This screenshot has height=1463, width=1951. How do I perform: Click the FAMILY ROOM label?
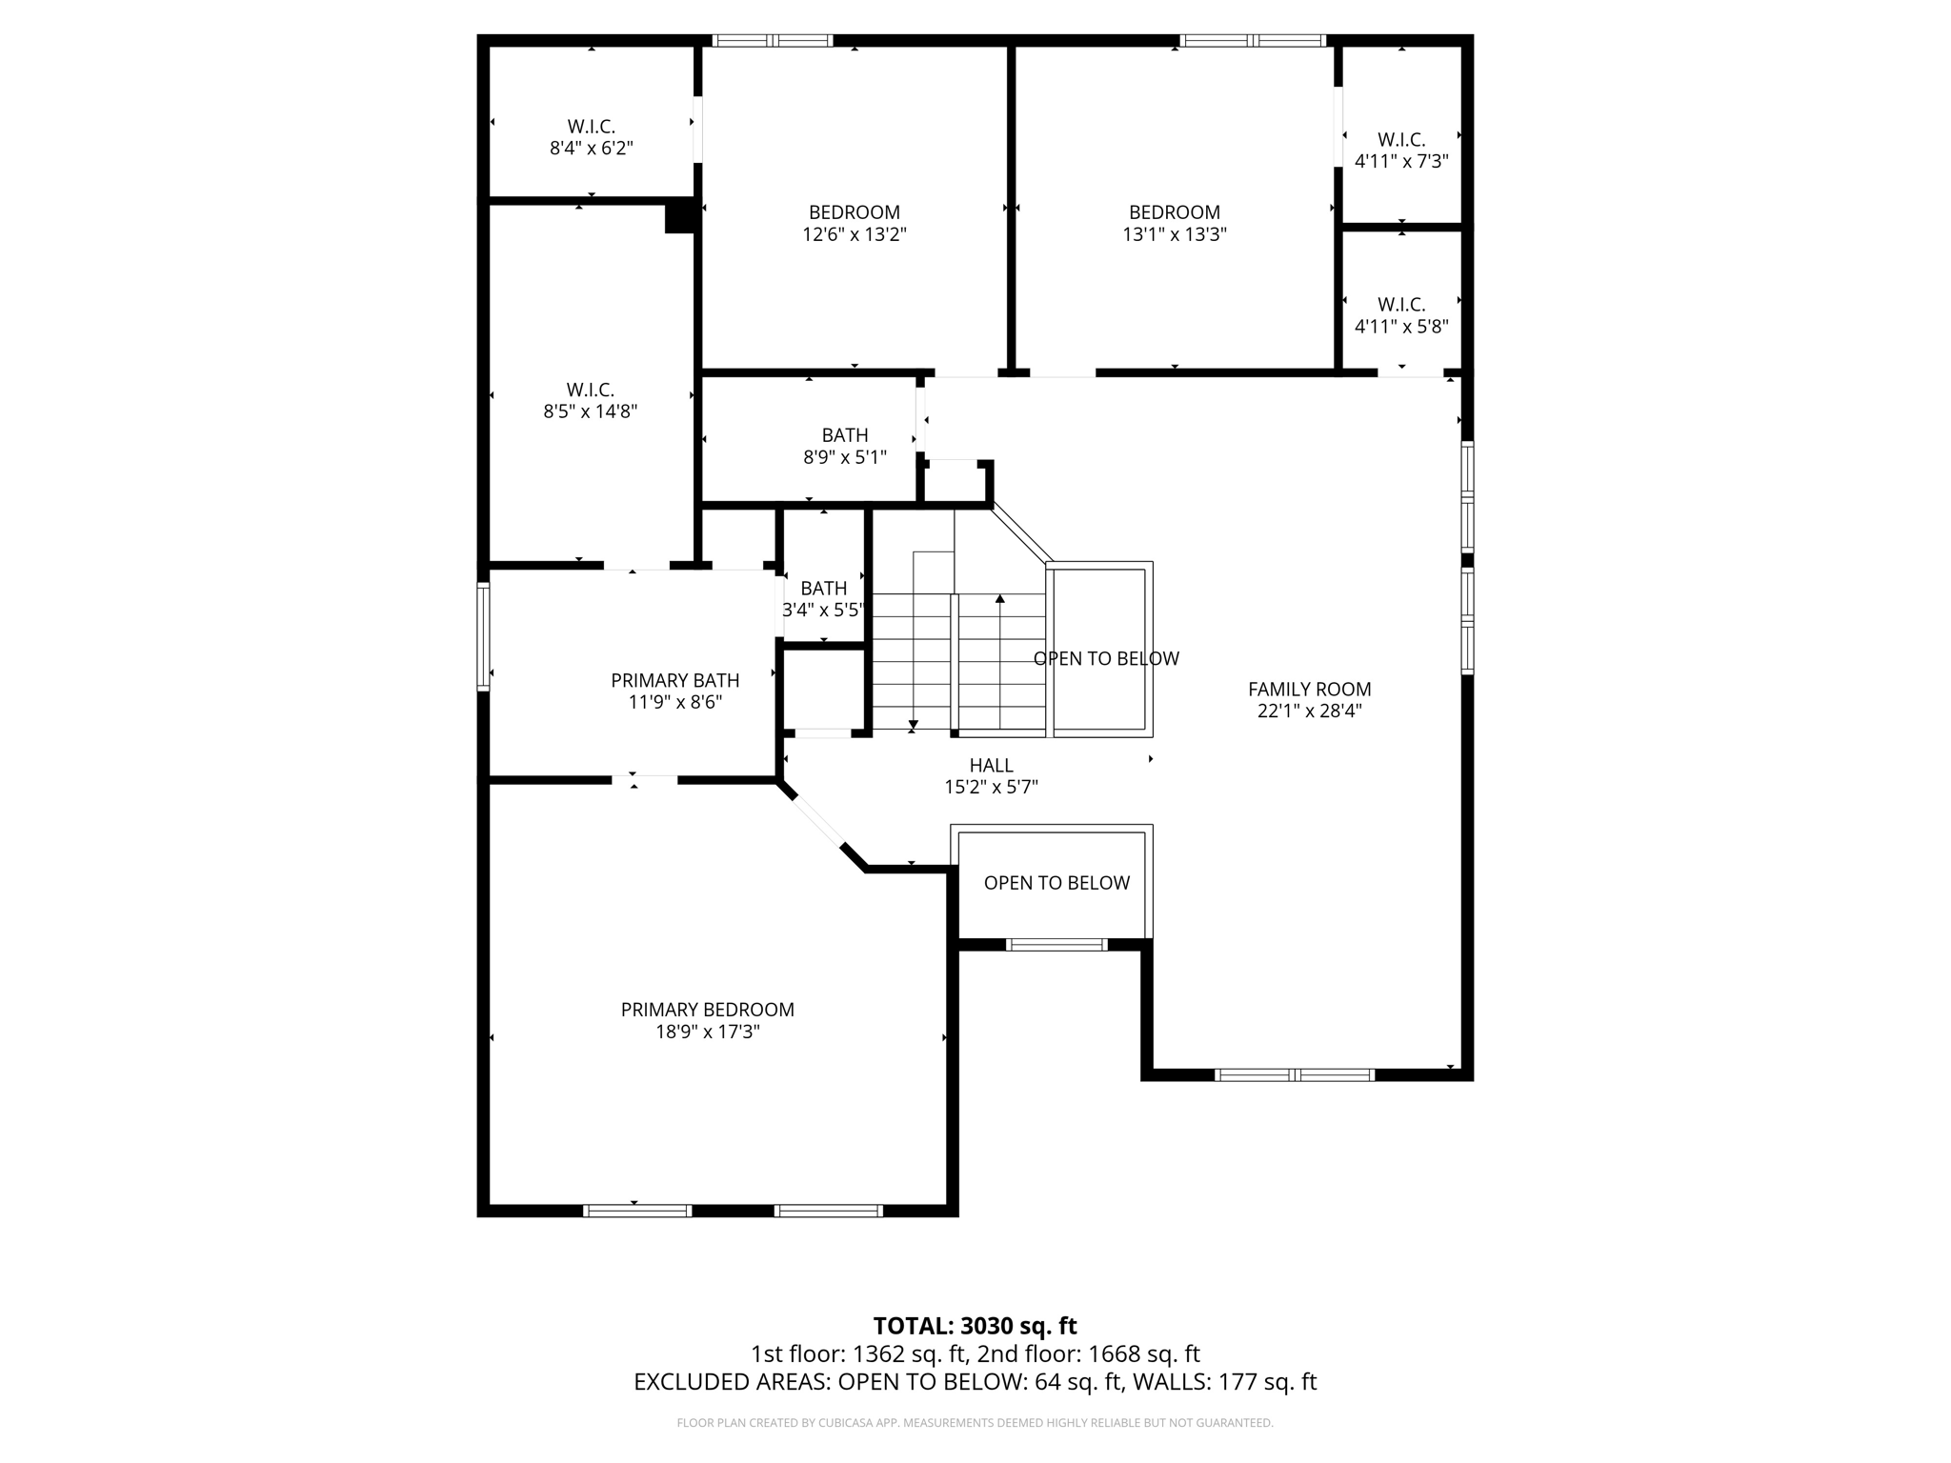[1309, 689]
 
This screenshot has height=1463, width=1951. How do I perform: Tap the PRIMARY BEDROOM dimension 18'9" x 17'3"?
[707, 1032]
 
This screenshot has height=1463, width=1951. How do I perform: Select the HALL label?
[991, 765]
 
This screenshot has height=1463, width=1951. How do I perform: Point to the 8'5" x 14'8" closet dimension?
[590, 411]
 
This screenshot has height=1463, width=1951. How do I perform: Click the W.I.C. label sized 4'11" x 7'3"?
[1401, 140]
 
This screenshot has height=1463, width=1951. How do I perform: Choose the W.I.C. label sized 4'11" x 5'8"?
[1401, 305]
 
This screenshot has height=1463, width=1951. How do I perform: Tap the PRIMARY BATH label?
[674, 680]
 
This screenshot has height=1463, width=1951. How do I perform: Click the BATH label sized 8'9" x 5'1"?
[844, 435]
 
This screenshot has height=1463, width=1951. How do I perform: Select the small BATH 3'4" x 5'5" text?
[823, 609]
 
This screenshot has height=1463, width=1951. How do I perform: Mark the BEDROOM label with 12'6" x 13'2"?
[854, 212]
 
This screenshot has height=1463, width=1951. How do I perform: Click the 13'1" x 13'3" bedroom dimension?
[1174, 234]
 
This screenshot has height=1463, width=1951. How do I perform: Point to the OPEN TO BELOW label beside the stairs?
[1106, 658]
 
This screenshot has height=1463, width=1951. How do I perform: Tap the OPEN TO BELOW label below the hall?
[1056, 883]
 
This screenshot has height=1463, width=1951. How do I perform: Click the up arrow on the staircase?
[1000, 599]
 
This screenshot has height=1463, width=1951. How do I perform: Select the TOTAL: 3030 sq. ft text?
[975, 1326]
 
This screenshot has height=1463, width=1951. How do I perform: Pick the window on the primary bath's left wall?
[483, 636]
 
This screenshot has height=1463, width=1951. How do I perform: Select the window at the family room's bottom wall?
[1295, 1075]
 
